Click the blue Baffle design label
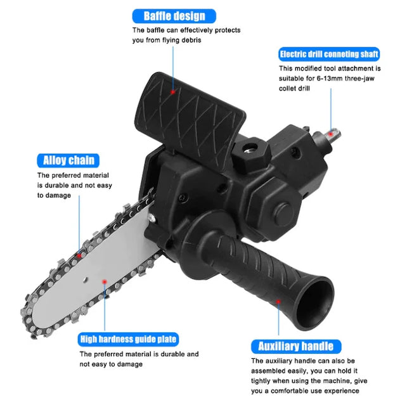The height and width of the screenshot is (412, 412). (x=174, y=16)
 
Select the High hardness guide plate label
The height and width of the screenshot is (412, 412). (x=128, y=339)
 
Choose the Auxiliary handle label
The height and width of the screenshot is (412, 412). (x=295, y=346)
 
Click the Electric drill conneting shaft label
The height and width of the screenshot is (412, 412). (x=329, y=55)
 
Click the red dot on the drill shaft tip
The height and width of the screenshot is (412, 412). (x=329, y=132)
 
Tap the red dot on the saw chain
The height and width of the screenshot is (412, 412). (x=79, y=256)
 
